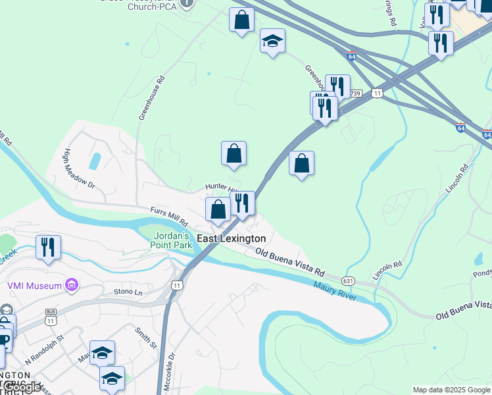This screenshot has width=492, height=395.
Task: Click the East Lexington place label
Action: point(232,238)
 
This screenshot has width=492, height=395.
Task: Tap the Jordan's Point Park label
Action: point(173,241)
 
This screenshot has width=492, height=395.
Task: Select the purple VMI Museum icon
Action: point(72,285)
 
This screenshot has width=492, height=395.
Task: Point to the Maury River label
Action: point(335,291)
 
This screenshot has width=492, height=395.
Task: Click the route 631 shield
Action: point(349,281)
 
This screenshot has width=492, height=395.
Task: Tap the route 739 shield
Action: point(356,93)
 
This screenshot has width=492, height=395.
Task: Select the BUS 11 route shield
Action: point(51,317)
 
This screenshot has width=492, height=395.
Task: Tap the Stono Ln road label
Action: point(128,291)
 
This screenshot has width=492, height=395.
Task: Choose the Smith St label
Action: point(146,338)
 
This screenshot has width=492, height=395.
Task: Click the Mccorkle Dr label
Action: point(169,372)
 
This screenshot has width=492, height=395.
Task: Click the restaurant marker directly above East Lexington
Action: point(242,204)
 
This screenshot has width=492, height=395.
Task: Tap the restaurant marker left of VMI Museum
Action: point(48,248)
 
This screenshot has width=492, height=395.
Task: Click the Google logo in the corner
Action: point(22,388)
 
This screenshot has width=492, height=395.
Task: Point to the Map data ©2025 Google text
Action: point(451,390)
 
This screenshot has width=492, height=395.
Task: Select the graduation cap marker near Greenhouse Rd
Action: point(272,41)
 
